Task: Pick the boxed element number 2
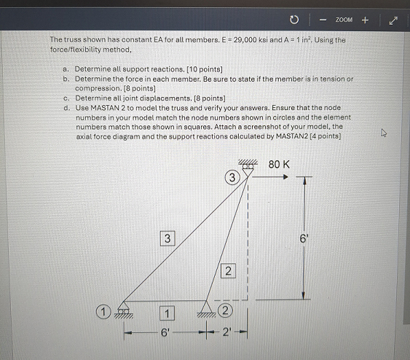click(228, 271)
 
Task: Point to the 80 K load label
click(279, 165)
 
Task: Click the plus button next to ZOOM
click(365, 20)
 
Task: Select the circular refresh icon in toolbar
click(293, 20)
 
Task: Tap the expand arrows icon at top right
click(394, 20)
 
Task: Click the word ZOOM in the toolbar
click(344, 20)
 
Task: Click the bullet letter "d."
click(66, 106)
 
